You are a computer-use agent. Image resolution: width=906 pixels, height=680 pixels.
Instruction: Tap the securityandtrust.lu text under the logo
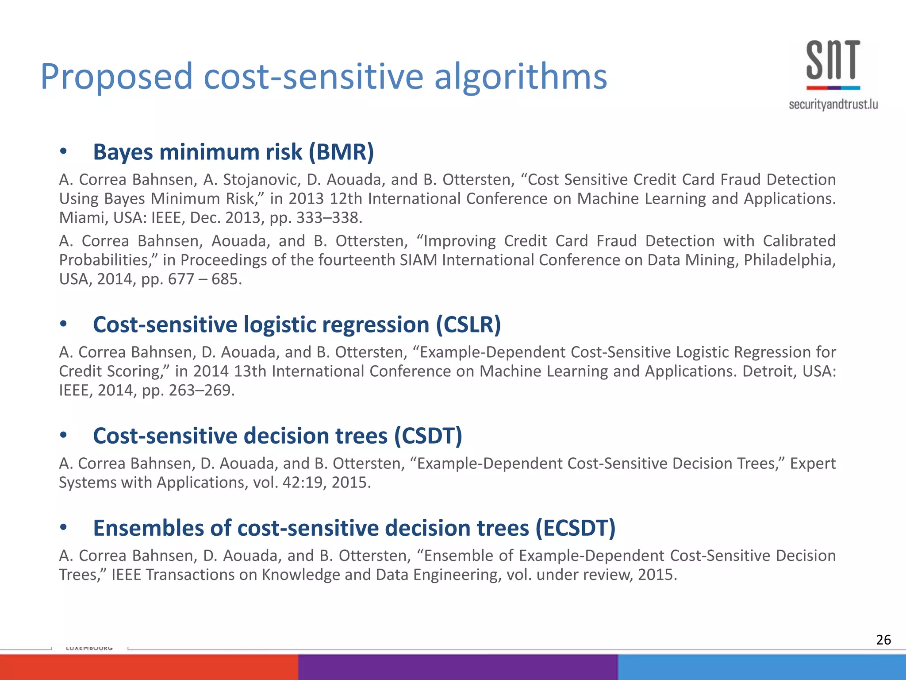pos(833,104)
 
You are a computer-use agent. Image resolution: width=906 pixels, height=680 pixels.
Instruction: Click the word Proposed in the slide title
pos(116,77)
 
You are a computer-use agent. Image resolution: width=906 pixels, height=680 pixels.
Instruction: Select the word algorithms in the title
pos(520,77)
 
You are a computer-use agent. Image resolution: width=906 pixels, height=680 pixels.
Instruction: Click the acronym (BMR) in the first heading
pos(341,152)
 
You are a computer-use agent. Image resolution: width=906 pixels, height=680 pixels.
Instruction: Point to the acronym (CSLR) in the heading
pos(468,325)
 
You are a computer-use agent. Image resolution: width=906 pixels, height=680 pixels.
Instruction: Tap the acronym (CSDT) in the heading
pos(428,436)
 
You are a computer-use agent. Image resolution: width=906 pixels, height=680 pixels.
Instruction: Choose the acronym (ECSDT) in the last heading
pos(575,528)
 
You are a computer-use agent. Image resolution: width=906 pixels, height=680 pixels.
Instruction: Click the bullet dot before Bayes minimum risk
pos(64,152)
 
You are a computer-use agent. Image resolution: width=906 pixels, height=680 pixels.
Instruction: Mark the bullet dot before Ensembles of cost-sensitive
pos(64,528)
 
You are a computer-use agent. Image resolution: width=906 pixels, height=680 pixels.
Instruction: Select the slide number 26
pos(883,640)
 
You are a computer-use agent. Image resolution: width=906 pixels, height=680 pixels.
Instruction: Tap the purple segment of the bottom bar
pos(458,667)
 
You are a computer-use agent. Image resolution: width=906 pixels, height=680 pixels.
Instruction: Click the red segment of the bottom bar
pos(149,667)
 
